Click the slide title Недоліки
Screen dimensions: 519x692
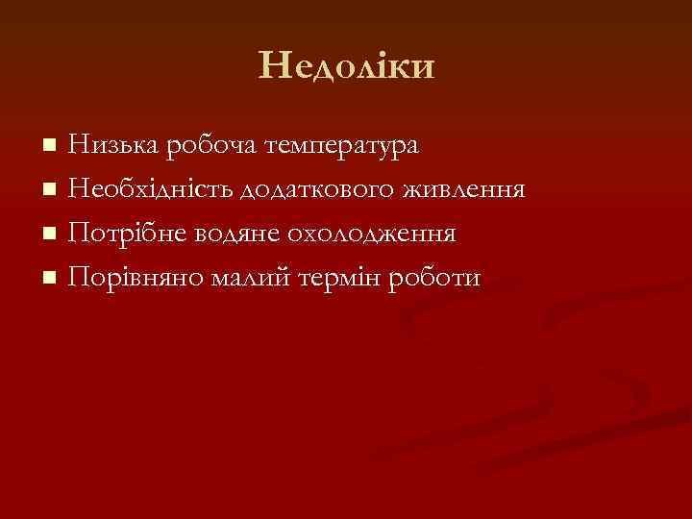pyautogui.click(x=346, y=67)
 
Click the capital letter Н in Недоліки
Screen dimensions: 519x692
pyautogui.click(x=273, y=66)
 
